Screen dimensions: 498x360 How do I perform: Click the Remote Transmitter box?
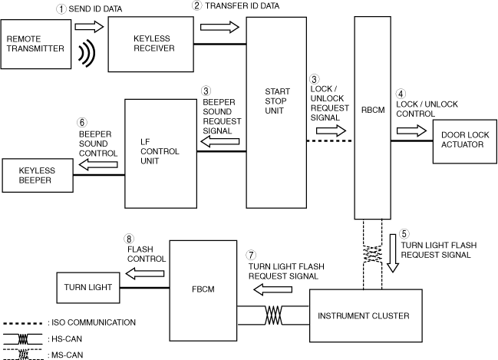point(36,44)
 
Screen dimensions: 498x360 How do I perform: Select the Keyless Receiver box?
point(151,45)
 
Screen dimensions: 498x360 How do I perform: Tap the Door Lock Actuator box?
point(465,141)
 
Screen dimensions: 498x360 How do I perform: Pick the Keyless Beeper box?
point(38,175)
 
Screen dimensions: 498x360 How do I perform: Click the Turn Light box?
point(88,288)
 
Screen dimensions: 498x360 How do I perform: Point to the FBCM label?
point(203,289)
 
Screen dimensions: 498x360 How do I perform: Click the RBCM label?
point(373,110)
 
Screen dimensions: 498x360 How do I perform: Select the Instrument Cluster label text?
point(364,315)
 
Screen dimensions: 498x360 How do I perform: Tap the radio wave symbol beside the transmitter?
point(87,54)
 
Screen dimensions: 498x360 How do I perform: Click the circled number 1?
point(61,9)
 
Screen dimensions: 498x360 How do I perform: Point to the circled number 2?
point(197,5)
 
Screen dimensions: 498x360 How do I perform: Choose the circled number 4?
point(401,94)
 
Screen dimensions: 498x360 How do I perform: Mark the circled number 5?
point(404,234)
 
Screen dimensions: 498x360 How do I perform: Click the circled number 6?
point(82,122)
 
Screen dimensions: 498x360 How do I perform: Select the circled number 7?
point(251,255)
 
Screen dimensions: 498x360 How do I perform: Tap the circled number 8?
point(129,239)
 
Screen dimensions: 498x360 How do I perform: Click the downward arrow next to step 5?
point(393,253)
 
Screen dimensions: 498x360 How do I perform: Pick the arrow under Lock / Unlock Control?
point(411,130)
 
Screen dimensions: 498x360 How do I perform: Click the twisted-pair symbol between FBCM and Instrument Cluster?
point(273,315)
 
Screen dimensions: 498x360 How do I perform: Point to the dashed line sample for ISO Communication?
point(22,324)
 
